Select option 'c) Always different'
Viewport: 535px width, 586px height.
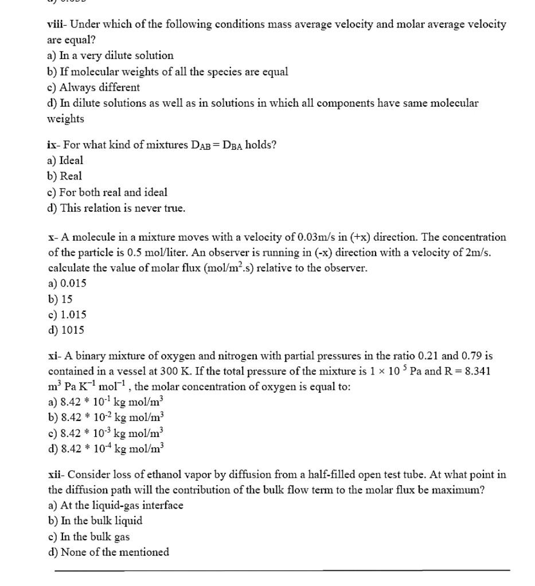click(93, 88)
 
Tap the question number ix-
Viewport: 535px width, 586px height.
click(54, 144)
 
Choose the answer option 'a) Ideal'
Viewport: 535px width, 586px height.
click(65, 161)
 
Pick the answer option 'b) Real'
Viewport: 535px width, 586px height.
click(65, 176)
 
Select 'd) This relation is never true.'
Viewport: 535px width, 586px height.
click(116, 208)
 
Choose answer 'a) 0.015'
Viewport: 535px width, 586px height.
click(67, 283)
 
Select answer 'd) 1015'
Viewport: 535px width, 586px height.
click(66, 330)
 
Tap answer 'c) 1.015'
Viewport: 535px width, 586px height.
click(67, 315)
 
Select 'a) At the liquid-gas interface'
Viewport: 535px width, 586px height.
click(115, 505)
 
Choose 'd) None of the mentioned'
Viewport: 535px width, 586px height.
click(108, 552)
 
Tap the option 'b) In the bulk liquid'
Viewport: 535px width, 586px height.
click(95, 521)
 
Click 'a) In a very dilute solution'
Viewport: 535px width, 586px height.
click(110, 56)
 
